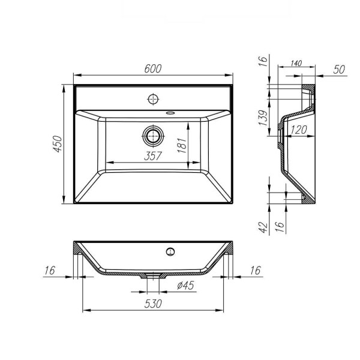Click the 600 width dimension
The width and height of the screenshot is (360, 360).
(153, 69)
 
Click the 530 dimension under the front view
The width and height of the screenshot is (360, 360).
(153, 305)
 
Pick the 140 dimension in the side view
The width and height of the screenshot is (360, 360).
(295, 63)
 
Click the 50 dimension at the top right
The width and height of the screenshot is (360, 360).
(338, 70)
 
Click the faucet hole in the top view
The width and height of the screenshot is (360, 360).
(152, 98)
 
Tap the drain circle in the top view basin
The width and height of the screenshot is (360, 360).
(152, 136)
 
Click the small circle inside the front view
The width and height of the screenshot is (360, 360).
(170, 250)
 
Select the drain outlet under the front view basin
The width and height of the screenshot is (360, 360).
(152, 276)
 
